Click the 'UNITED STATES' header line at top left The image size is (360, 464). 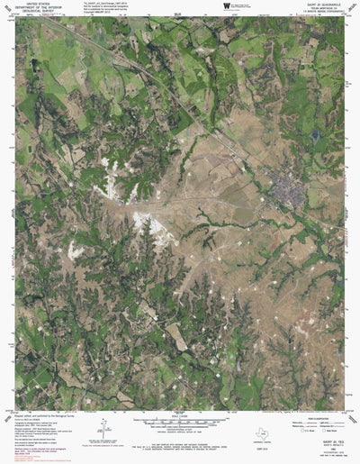(x=39, y=4)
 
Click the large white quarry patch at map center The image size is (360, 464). (x=144, y=222)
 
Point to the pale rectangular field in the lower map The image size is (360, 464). (x=178, y=337)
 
